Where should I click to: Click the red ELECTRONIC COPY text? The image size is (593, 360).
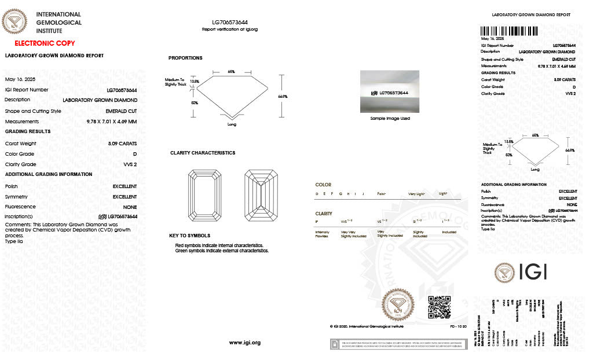click(x=45, y=43)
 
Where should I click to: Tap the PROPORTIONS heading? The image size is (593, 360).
click(x=185, y=58)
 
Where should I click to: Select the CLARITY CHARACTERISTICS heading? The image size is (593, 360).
click(x=203, y=153)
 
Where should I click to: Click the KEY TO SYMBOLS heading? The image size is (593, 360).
click(x=189, y=236)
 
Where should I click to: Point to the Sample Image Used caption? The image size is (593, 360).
click(x=390, y=119)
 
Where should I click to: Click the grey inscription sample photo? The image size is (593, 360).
click(x=390, y=91)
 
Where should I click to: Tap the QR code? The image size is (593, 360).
click(x=439, y=307)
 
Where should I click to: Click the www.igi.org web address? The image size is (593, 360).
click(x=245, y=343)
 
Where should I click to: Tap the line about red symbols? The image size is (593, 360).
click(x=219, y=246)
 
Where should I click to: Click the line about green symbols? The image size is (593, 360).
click(x=222, y=251)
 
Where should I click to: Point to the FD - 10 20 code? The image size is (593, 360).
click(x=459, y=326)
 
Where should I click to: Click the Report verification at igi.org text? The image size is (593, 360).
click(x=230, y=29)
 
